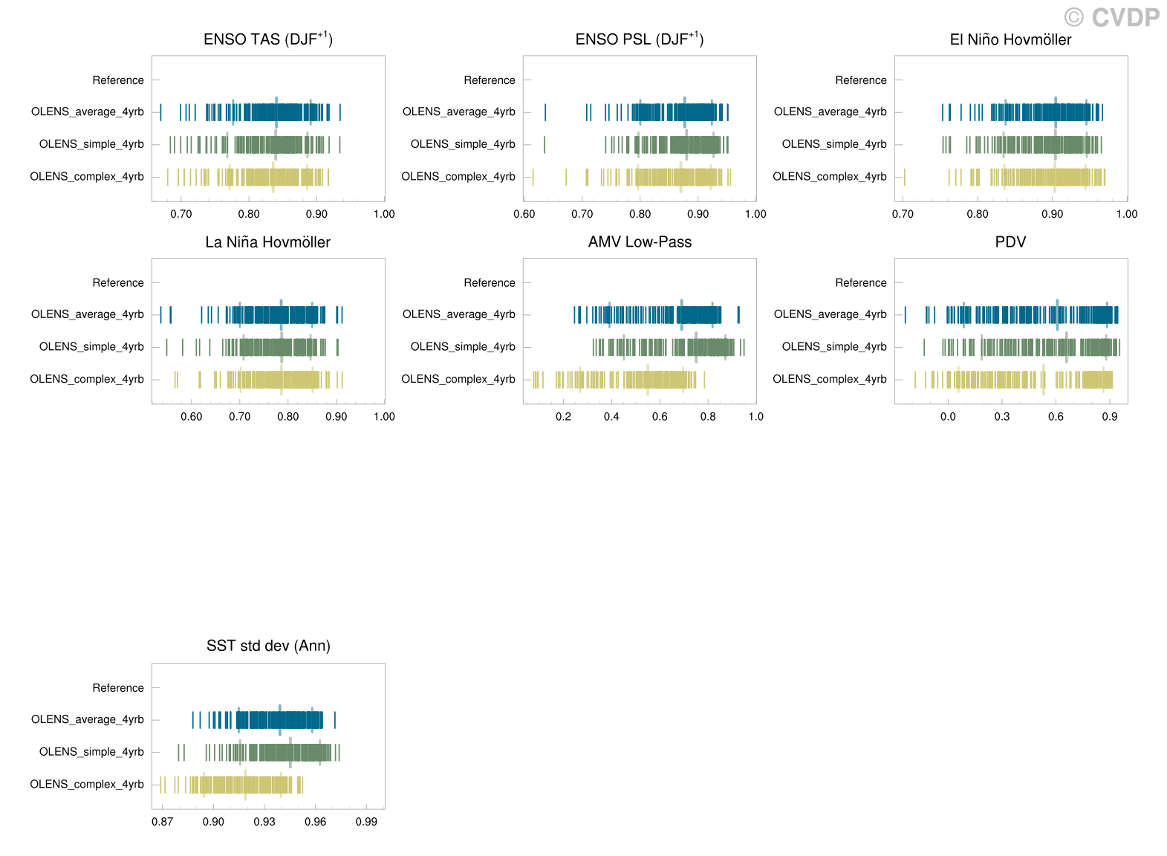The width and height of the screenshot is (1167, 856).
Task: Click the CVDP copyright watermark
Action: pyautogui.click(x=1112, y=16)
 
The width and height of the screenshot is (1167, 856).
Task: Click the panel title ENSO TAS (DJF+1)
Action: pyautogui.click(x=267, y=39)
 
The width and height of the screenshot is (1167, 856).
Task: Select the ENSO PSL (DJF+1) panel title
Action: pyautogui.click(x=639, y=39)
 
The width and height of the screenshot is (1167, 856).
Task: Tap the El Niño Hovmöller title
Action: pyautogui.click(x=1010, y=40)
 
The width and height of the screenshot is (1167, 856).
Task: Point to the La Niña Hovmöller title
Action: pyautogui.click(x=267, y=242)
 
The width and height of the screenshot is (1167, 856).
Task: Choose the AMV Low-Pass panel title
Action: pyautogui.click(x=639, y=242)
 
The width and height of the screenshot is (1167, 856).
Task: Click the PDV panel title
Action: pyautogui.click(x=1010, y=242)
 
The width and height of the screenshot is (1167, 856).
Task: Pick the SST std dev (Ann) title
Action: pyautogui.click(x=267, y=646)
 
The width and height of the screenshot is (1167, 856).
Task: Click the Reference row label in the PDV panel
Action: pyautogui.click(x=860, y=282)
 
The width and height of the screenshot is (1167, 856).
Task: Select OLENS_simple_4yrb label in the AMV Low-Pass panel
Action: pyautogui.click(x=462, y=347)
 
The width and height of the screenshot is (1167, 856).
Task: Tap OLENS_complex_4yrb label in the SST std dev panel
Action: pyautogui.click(x=86, y=785)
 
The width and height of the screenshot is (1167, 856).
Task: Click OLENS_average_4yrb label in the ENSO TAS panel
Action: pyautogui.click(x=87, y=112)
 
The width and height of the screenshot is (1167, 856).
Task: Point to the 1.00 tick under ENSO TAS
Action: pyautogui.click(x=383, y=214)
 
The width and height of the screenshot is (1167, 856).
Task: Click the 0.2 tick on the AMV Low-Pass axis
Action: pyautogui.click(x=563, y=416)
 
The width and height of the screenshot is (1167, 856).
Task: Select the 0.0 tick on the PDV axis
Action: pyautogui.click(x=948, y=416)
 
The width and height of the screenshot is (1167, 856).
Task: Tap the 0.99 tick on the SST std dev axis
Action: pyautogui.click(x=366, y=822)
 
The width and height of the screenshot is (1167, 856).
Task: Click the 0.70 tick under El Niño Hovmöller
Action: pyautogui.click(x=903, y=214)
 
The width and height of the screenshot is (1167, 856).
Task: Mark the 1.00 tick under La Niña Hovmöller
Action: pyautogui.click(x=383, y=416)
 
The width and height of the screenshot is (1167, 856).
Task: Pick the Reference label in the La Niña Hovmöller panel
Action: pyautogui.click(x=117, y=282)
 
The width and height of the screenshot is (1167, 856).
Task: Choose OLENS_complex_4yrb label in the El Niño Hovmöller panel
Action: pyautogui.click(x=829, y=177)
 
